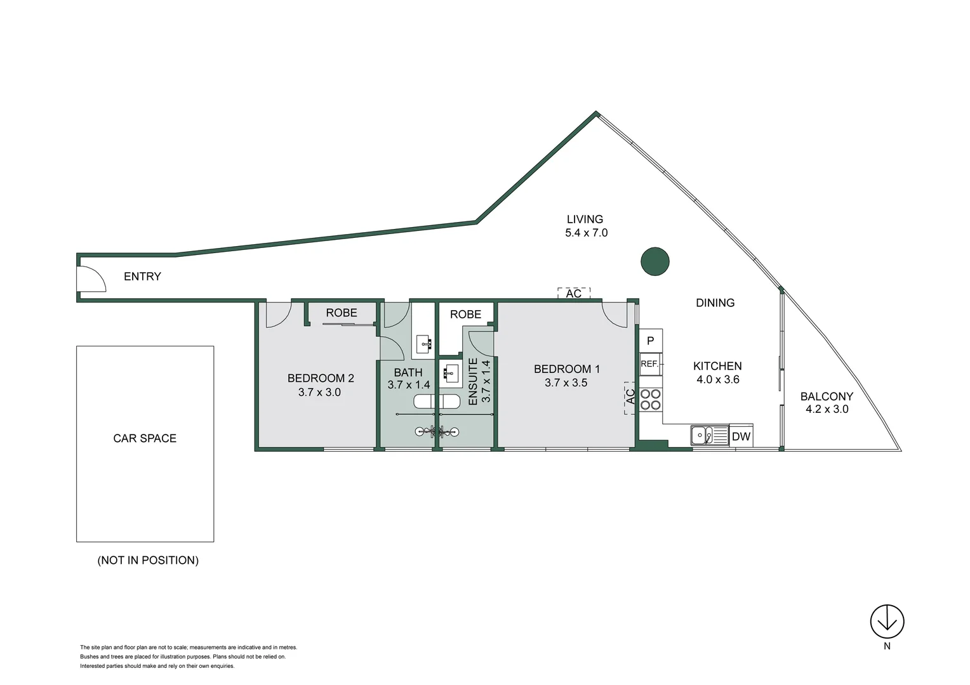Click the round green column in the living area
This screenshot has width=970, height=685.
(x=654, y=261)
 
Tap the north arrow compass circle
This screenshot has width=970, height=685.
(x=887, y=622)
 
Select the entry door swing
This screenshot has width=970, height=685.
(x=91, y=279)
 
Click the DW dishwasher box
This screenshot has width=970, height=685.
(x=741, y=436)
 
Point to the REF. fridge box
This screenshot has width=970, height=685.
(x=650, y=364)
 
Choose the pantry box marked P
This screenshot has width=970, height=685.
(x=650, y=341)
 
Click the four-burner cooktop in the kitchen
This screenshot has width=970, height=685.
(x=650, y=400)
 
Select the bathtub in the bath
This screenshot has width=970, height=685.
(x=437, y=401)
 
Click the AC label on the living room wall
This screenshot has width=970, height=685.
(x=574, y=293)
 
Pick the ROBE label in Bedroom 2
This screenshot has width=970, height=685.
(x=342, y=313)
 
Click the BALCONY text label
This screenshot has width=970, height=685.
(x=827, y=396)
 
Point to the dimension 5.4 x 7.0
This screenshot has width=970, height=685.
(x=586, y=233)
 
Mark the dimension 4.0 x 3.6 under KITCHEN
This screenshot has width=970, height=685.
(x=717, y=379)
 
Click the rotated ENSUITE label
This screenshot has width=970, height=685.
(x=473, y=382)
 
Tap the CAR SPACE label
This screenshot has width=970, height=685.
(x=145, y=438)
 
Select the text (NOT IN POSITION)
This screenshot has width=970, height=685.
(x=148, y=560)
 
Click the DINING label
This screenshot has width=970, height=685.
(x=715, y=303)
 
